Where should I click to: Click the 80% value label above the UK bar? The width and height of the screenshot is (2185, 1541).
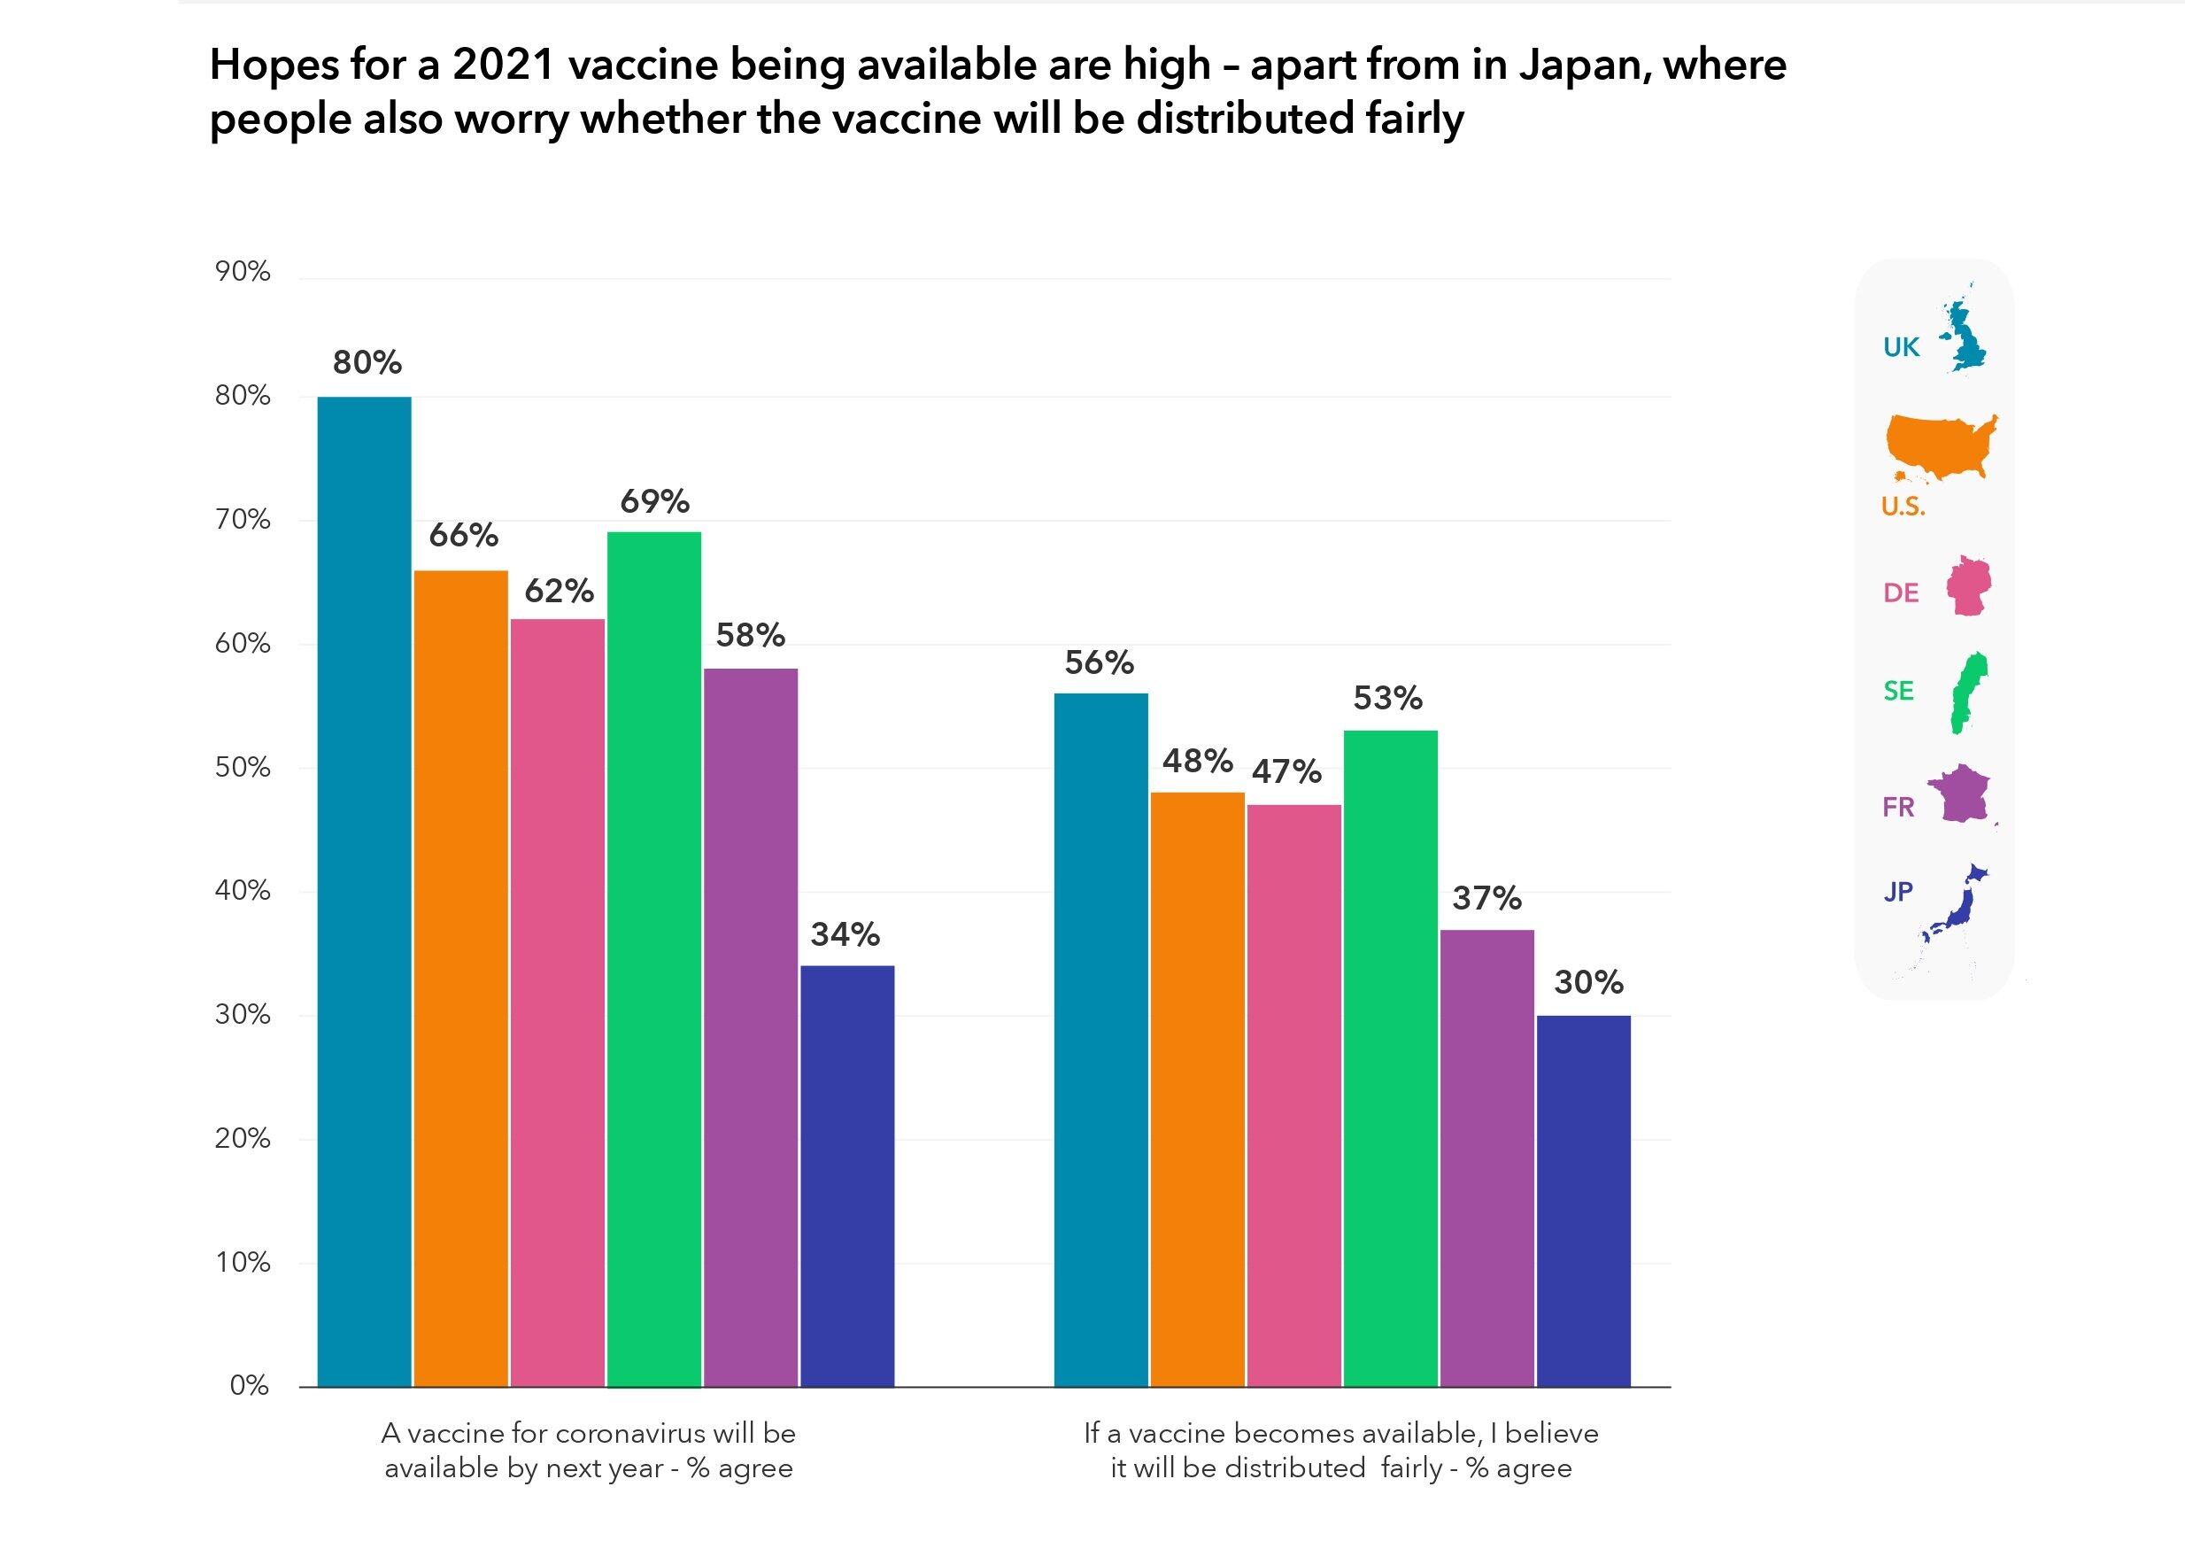pos(367,362)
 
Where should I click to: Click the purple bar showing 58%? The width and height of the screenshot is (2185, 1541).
pos(751,1027)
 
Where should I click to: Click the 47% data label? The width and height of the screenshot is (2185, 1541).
pos(1286,771)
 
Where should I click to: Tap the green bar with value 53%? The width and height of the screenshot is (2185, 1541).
pos(1390,1057)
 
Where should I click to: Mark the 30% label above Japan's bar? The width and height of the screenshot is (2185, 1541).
pos(1588,982)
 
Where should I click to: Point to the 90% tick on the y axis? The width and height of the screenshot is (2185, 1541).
pos(243,272)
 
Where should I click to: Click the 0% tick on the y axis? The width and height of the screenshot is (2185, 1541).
pos(250,1386)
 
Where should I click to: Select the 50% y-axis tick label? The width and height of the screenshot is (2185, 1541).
pos(243,767)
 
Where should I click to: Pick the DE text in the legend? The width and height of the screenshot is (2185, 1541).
pos(1901,593)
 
